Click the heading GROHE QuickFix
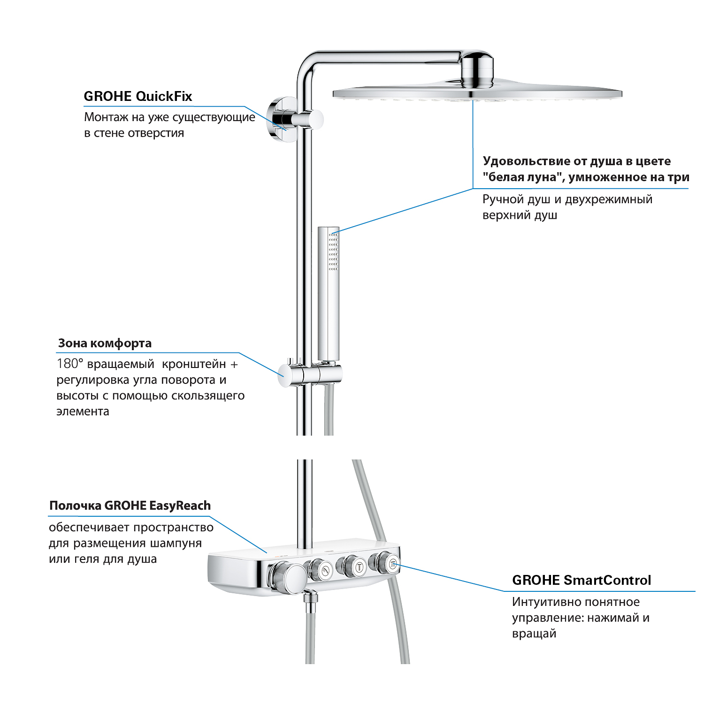(x=138, y=96)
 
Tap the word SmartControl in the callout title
(x=607, y=580)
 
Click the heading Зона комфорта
(x=105, y=343)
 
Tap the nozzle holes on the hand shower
(x=333, y=251)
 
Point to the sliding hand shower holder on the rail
(x=310, y=373)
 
